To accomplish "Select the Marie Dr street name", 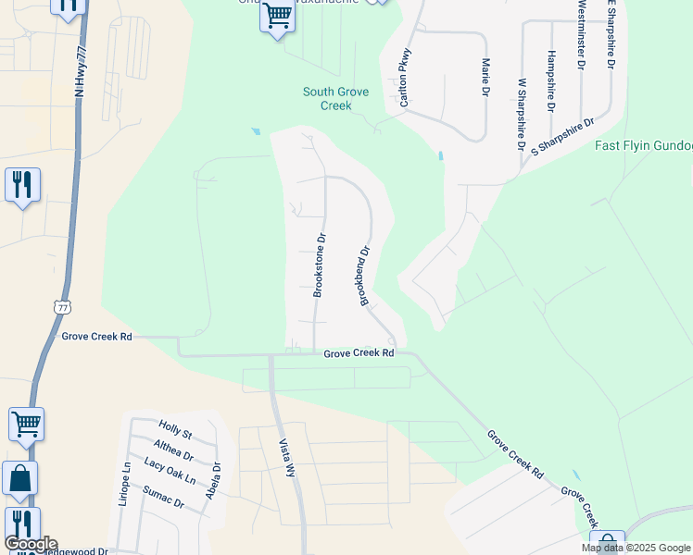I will [x=485, y=77].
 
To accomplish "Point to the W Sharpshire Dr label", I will [x=522, y=116].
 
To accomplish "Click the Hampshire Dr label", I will [x=551, y=80].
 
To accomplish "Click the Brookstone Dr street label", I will [x=320, y=265].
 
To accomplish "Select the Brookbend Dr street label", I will [x=365, y=275].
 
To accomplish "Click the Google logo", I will [x=31, y=544].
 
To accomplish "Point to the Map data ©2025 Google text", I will [x=636, y=549].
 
